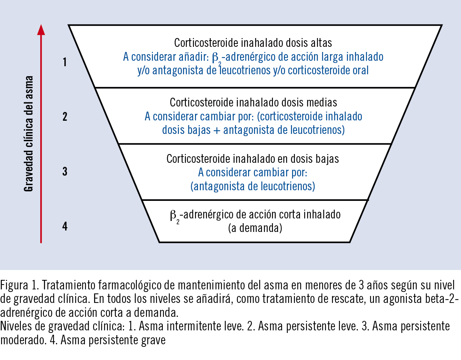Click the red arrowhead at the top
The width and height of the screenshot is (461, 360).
pos(41,30)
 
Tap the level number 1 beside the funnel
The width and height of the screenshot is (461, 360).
pos(65,62)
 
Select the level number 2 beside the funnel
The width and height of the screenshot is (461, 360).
pos(65,117)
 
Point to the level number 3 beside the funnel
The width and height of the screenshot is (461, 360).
pos(65,172)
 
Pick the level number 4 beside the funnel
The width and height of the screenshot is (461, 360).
pos(65,226)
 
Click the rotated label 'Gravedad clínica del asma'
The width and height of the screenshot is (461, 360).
pos(29,134)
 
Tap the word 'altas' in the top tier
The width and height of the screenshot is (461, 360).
pos(321,43)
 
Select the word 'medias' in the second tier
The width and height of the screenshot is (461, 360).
pos(322,102)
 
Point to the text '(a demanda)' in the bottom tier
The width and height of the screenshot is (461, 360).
pos(255,228)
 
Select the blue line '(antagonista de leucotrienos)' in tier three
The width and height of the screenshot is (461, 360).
pos(253,187)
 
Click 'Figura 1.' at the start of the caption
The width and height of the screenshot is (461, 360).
pos(19,285)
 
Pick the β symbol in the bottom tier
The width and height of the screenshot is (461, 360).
pos(173,215)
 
